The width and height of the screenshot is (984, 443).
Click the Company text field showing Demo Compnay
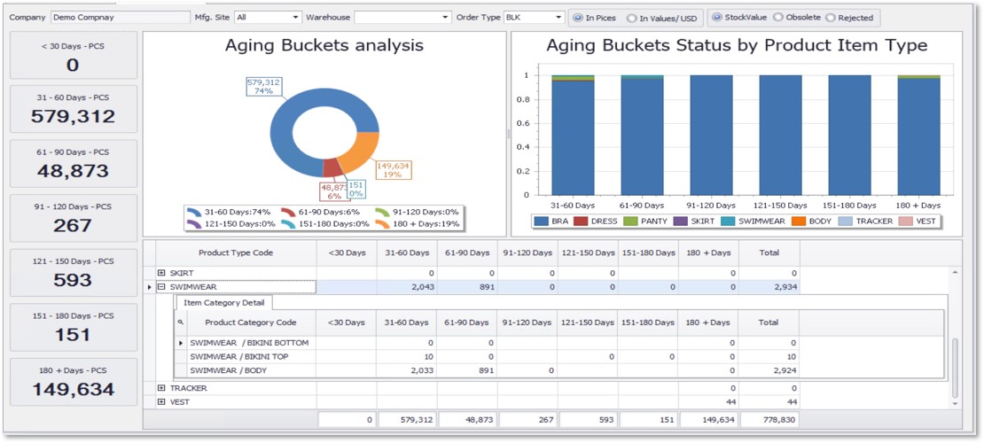pos(120,17)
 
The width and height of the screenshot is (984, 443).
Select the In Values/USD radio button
pos(631,18)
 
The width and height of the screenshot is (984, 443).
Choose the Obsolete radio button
pos(777,18)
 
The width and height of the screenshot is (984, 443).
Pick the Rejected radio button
pos(830,18)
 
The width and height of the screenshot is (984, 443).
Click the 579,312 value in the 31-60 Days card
pos(73,117)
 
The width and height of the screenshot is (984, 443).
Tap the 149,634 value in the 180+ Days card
pos(73,390)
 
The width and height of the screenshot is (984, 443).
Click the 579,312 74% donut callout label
pos(263,86)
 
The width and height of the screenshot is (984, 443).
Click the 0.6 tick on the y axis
pos(527,123)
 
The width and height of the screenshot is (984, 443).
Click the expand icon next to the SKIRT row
pos(161,273)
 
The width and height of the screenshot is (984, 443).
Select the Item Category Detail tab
pos(215,303)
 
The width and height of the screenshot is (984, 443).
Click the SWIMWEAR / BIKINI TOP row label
pos(239,356)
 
